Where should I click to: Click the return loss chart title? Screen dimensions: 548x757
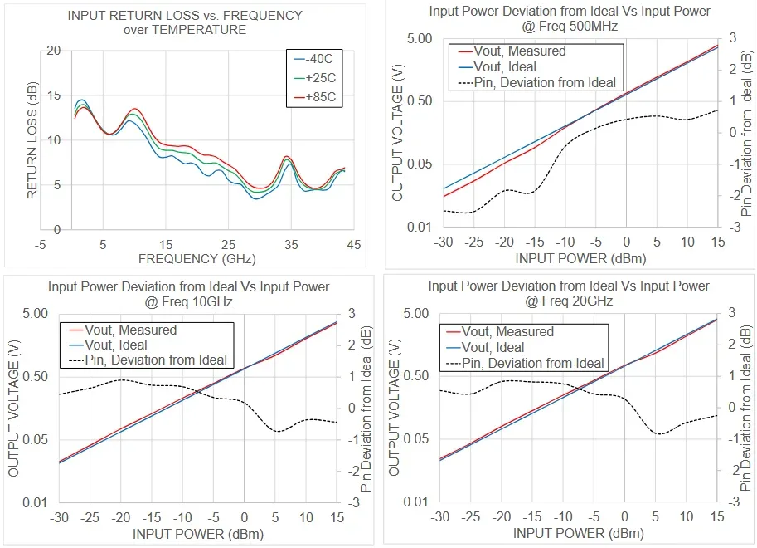pyautogui.click(x=185, y=22)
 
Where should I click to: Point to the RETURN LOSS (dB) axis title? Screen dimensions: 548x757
pyautogui.click(x=33, y=140)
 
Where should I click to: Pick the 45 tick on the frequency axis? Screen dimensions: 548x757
pyautogui.click(x=353, y=245)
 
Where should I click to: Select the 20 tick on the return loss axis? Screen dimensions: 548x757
pyautogui.click(x=54, y=51)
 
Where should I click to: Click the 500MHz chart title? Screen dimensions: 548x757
pyautogui.click(x=570, y=18)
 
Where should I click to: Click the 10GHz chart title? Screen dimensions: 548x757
pyautogui.click(x=189, y=294)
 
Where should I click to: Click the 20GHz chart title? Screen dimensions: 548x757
pyautogui.click(x=569, y=293)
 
